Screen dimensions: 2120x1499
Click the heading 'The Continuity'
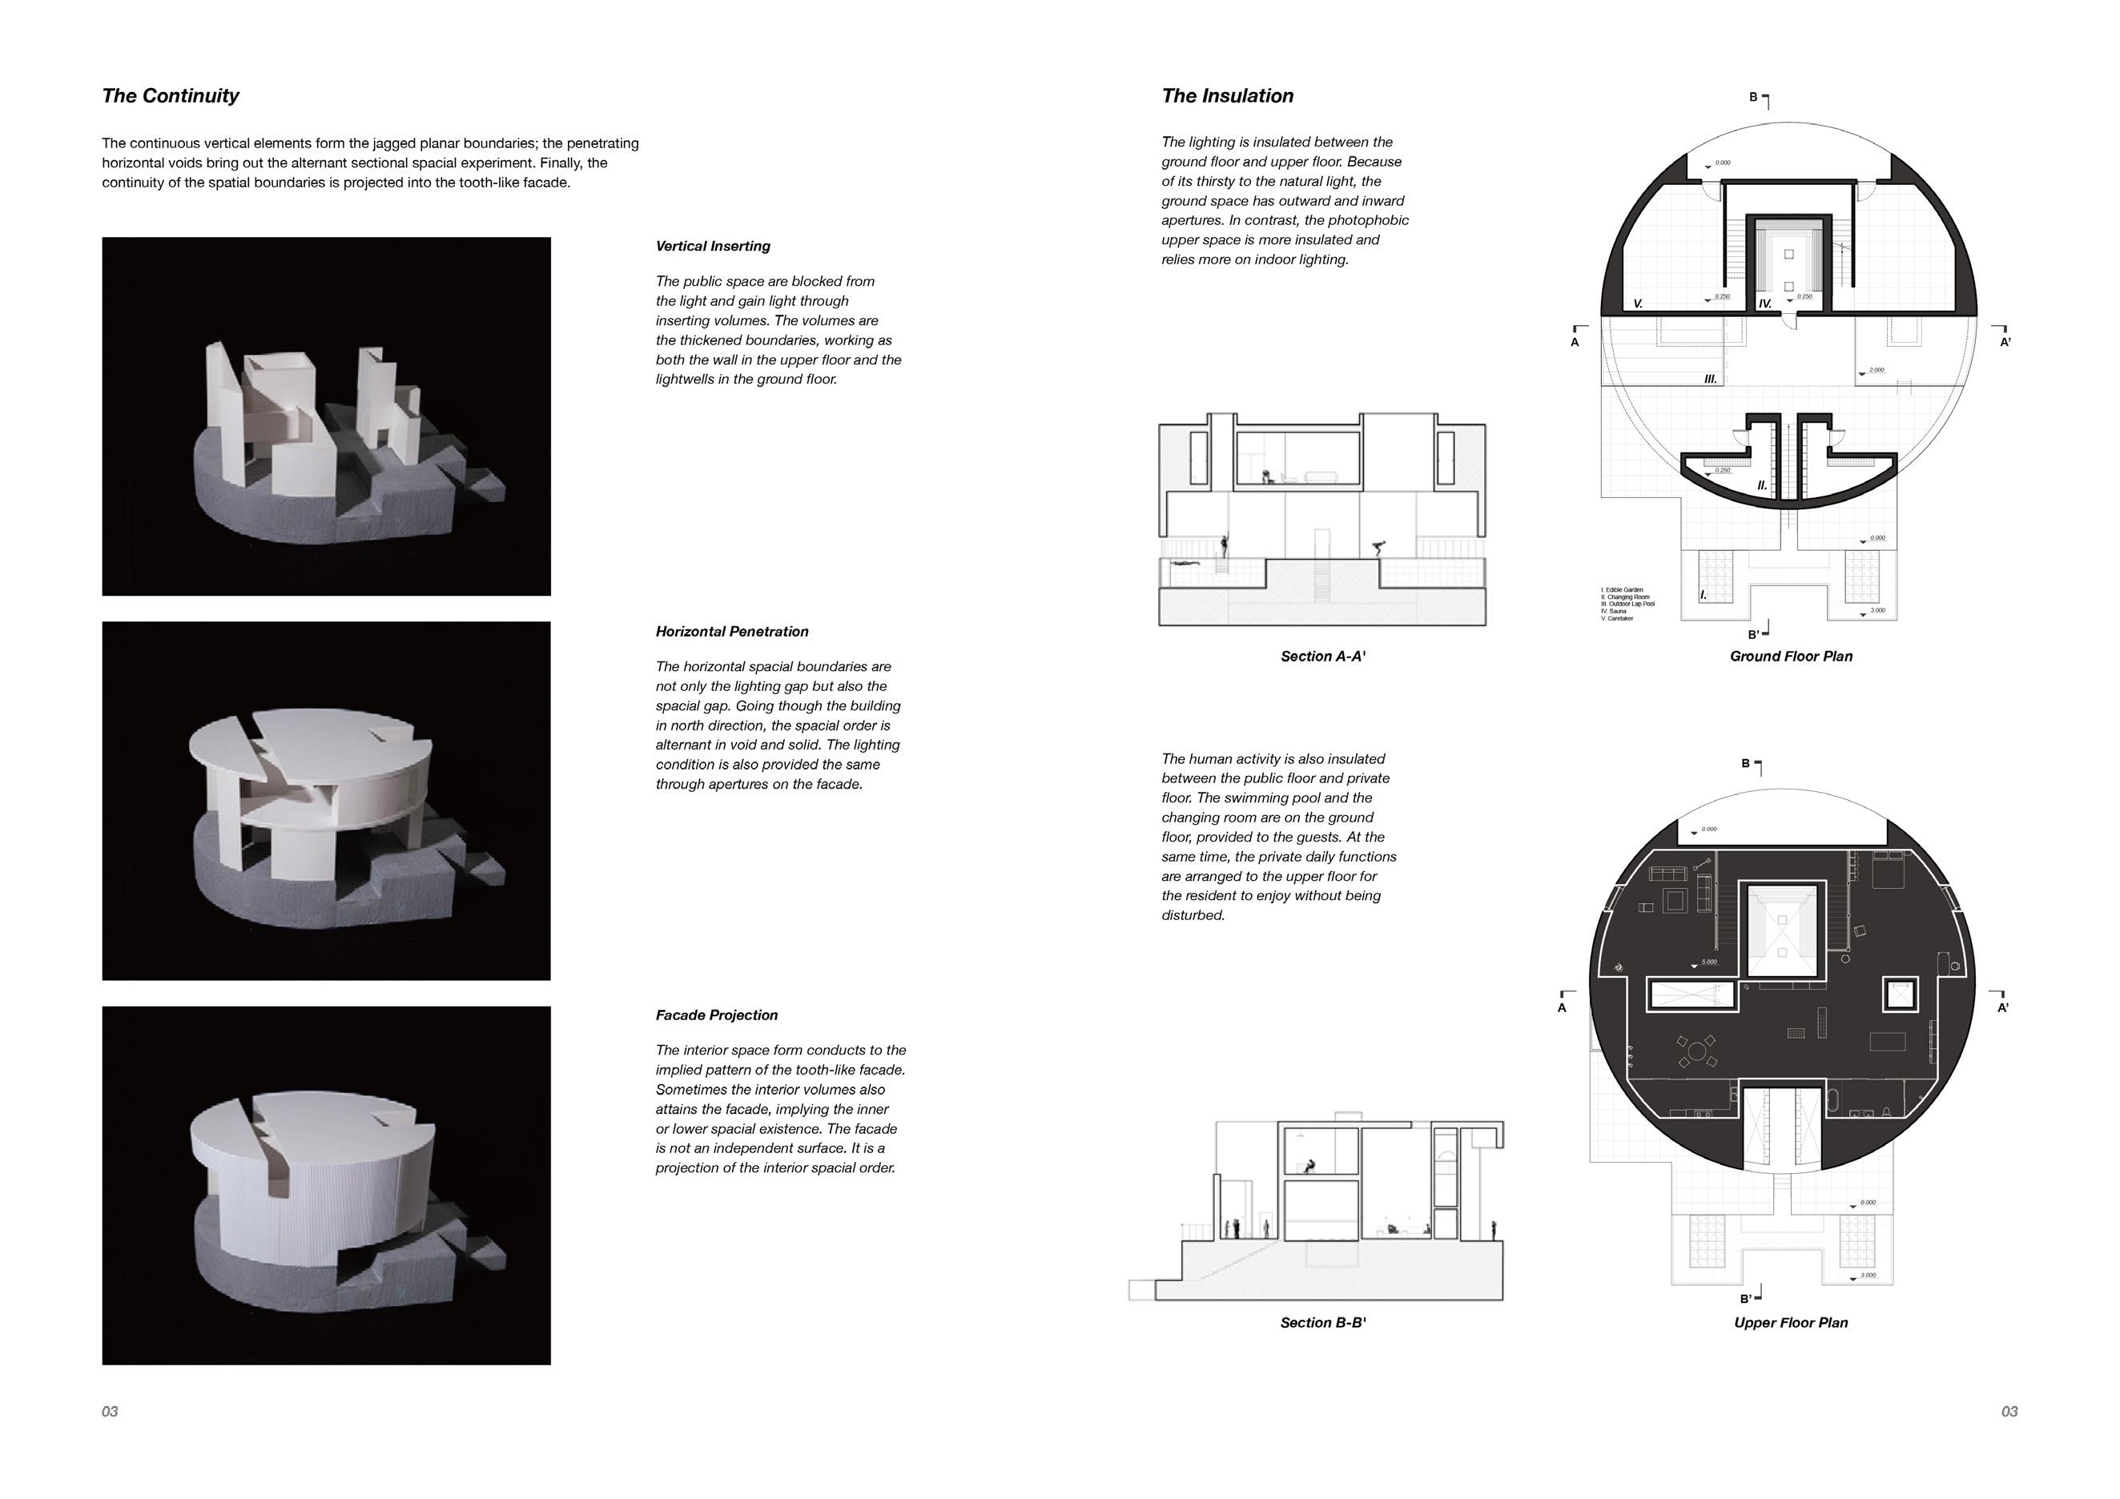[170, 96]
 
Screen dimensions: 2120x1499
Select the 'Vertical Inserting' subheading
[713, 247]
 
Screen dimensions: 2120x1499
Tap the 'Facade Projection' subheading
[717, 1015]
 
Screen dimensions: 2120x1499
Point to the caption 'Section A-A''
[1322, 657]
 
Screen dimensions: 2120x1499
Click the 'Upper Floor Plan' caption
[1790, 1323]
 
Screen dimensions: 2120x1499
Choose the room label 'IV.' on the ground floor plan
[1764, 303]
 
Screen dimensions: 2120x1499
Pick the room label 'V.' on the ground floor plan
[1638, 303]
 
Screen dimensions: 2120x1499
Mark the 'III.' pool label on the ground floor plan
[1710, 379]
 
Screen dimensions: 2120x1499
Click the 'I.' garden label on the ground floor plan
[1703, 595]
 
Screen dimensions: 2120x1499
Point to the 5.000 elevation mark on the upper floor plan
[1708, 962]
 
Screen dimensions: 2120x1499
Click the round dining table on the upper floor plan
[1697, 1051]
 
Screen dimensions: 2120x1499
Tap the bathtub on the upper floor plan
[1832, 1101]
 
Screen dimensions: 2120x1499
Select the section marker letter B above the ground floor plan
[1752, 97]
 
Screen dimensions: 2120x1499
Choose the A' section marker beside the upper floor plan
[2003, 1008]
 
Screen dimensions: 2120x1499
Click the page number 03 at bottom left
[110, 1411]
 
